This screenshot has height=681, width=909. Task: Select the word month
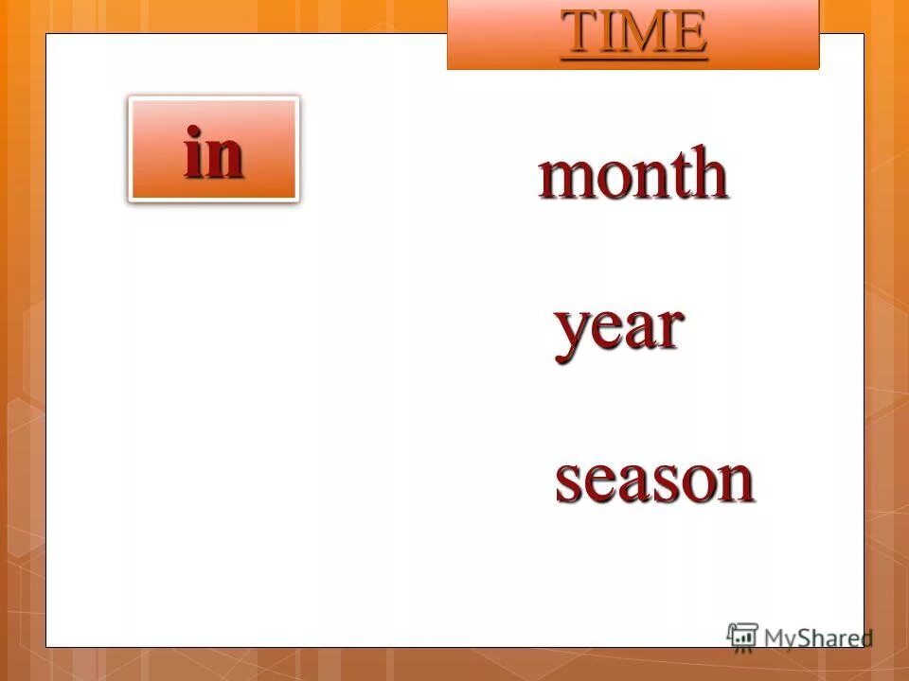(633, 174)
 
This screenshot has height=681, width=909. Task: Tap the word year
(618, 329)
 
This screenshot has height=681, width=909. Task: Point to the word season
(654, 480)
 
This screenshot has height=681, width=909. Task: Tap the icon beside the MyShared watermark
(742, 636)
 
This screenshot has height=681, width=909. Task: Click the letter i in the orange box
(194, 152)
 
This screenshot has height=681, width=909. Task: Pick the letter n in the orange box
(225, 157)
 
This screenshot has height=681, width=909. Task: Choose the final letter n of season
(734, 481)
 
